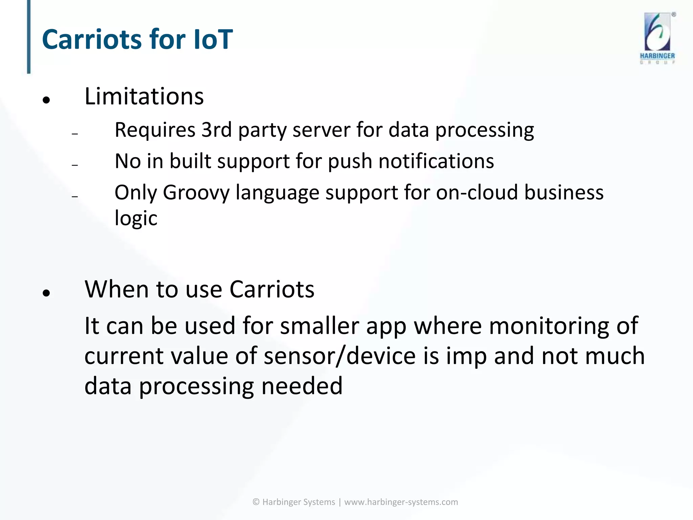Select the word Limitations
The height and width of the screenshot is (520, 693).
(144, 96)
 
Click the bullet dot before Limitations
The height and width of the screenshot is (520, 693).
(46, 100)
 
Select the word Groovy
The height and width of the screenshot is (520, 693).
(196, 193)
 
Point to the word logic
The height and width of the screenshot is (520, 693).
(136, 219)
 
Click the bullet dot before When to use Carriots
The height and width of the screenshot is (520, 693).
(46, 293)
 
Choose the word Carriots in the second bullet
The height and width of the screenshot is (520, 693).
(272, 290)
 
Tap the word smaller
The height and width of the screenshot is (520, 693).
(319, 326)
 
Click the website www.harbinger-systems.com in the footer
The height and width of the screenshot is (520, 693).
(401, 502)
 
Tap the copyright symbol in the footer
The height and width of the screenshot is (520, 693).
(256, 502)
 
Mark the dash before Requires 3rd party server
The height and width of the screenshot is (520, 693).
(75, 134)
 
